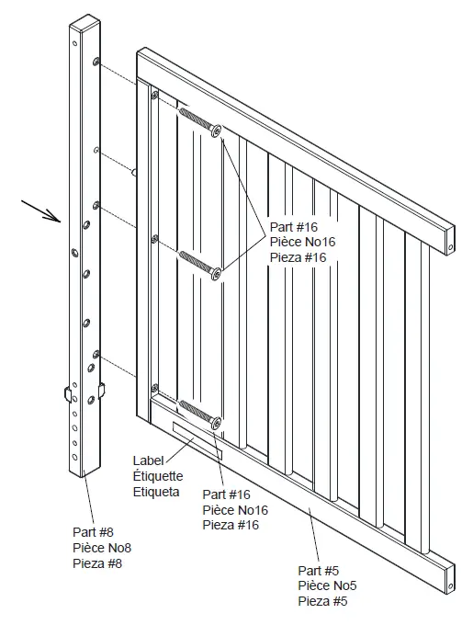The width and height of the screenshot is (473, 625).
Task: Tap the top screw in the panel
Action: pyautogui.click(x=199, y=123)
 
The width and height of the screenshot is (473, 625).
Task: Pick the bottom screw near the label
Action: pyautogui.click(x=199, y=413)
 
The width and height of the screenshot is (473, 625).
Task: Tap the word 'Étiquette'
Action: pyautogui.click(x=158, y=476)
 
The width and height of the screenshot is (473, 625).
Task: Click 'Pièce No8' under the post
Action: pyautogui.click(x=107, y=548)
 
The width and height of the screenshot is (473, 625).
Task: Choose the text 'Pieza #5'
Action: pyautogui.click(x=323, y=602)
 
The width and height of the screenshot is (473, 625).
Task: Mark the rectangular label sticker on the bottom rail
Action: pyautogui.click(x=197, y=439)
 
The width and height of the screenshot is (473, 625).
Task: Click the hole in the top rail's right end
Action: pyautogui.click(x=451, y=245)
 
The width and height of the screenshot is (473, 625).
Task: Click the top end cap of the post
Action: pyautogui.click(x=80, y=20)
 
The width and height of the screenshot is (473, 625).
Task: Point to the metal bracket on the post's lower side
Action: pyautogui.click(x=68, y=394)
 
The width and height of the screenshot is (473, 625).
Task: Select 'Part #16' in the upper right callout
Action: pyautogui.click(x=293, y=226)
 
